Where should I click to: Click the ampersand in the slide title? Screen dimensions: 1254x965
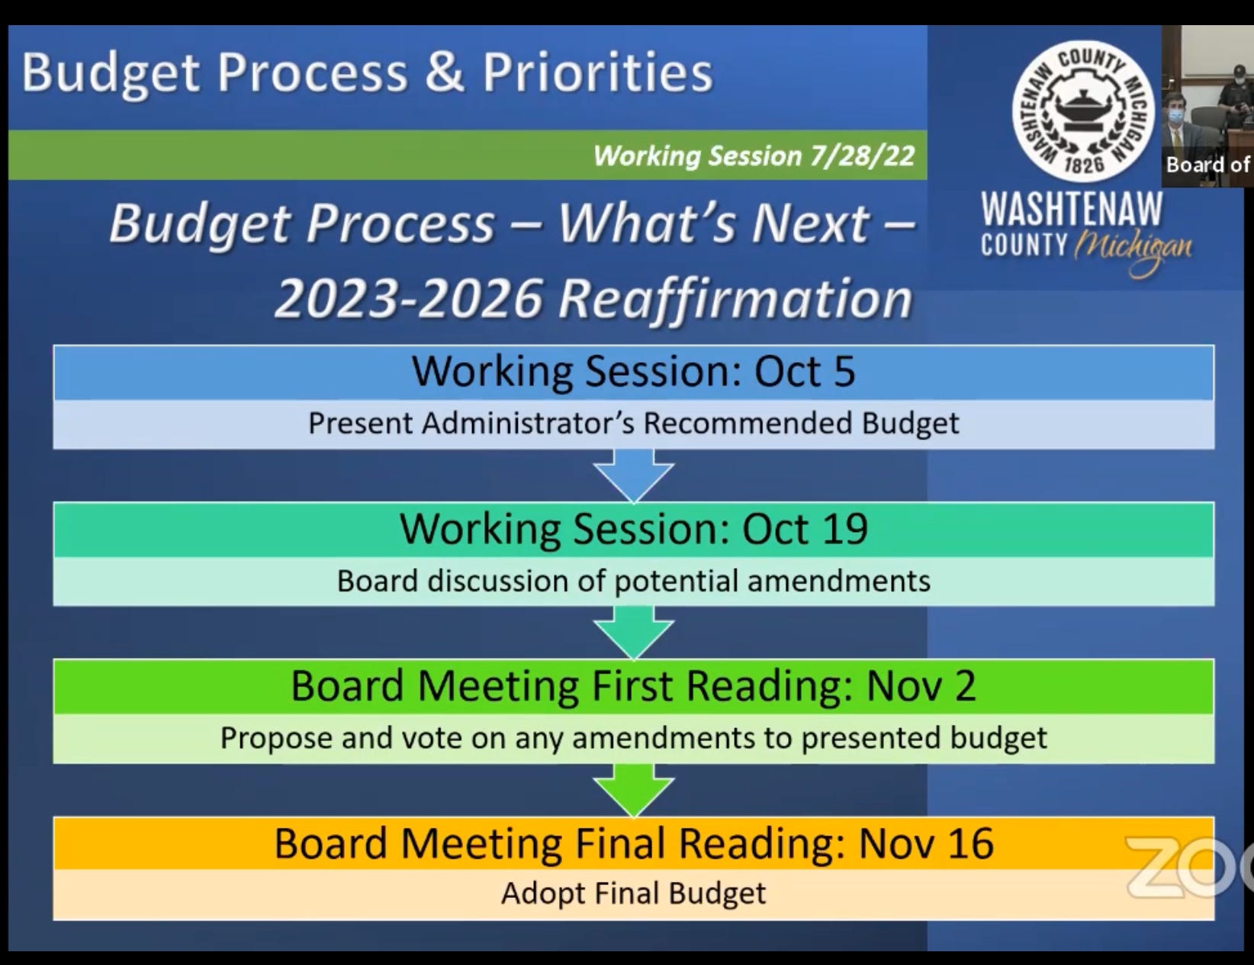click(444, 72)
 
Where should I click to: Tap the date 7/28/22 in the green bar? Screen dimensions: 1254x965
click(862, 155)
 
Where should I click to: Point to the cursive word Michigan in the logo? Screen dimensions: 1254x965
click(1132, 252)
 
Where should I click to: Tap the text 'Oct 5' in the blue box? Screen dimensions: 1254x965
click(805, 371)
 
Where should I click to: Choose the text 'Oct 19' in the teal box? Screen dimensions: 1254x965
click(805, 529)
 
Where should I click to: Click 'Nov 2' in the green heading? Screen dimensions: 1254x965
click(921, 686)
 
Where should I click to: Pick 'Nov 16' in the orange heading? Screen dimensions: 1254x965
click(926, 843)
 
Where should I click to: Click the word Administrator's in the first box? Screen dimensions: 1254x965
click(529, 423)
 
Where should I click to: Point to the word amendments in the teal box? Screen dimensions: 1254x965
click(839, 581)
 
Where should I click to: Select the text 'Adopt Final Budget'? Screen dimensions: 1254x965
click(634, 894)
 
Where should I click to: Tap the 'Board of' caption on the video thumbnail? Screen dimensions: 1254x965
click(1208, 165)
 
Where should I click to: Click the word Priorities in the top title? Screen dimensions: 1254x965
click(598, 72)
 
